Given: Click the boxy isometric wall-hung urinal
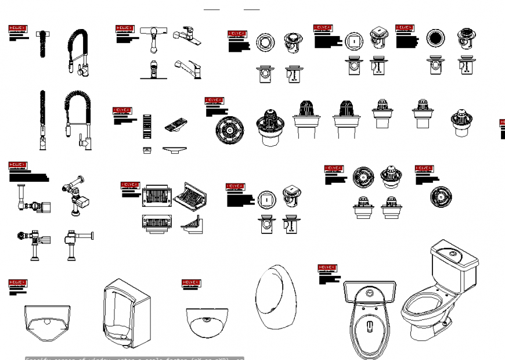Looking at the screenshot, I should click(x=125, y=311).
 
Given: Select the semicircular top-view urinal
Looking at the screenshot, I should click(x=207, y=322).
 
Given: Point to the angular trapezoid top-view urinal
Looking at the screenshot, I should click(x=48, y=323).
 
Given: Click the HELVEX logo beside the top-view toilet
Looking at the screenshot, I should click(x=327, y=268).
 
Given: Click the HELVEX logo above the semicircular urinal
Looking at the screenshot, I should click(x=191, y=283).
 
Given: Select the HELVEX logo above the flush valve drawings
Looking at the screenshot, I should click(x=17, y=165).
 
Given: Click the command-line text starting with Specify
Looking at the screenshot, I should click(x=134, y=358).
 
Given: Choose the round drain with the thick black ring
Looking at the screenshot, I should click(x=435, y=39).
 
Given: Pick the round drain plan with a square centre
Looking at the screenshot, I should click(x=353, y=41).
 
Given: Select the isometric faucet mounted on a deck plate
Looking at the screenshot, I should click(x=187, y=36).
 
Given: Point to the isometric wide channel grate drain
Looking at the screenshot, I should click(x=191, y=196).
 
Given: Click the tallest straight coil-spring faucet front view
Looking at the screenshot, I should click(x=42, y=120).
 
